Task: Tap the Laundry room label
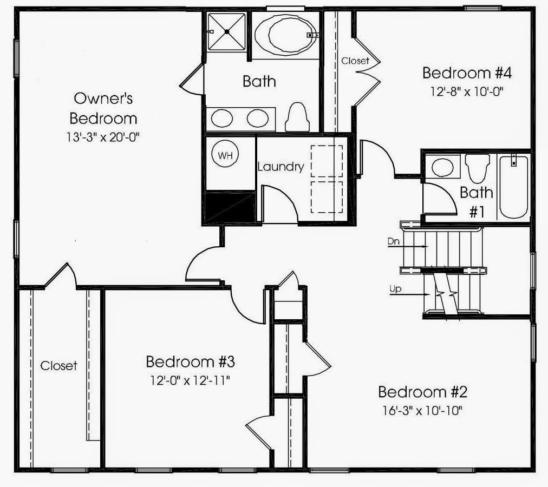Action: [281, 167]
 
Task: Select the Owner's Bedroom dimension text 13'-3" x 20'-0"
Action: [103, 137]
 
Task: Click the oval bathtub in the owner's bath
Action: [286, 35]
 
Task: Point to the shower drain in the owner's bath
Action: [227, 32]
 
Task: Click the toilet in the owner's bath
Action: [297, 117]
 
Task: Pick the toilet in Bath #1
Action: [478, 168]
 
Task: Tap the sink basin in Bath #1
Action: [442, 167]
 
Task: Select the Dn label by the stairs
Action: [394, 241]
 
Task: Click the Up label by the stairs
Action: [396, 289]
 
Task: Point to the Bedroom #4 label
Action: [467, 73]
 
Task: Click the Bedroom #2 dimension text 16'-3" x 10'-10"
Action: [422, 411]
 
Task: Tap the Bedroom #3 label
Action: [190, 361]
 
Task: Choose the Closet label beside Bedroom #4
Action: [355, 61]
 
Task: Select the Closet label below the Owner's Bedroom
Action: [58, 366]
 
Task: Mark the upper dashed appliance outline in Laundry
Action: [327, 161]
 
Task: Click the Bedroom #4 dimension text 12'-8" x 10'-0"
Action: [467, 92]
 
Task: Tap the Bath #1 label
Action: [477, 202]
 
